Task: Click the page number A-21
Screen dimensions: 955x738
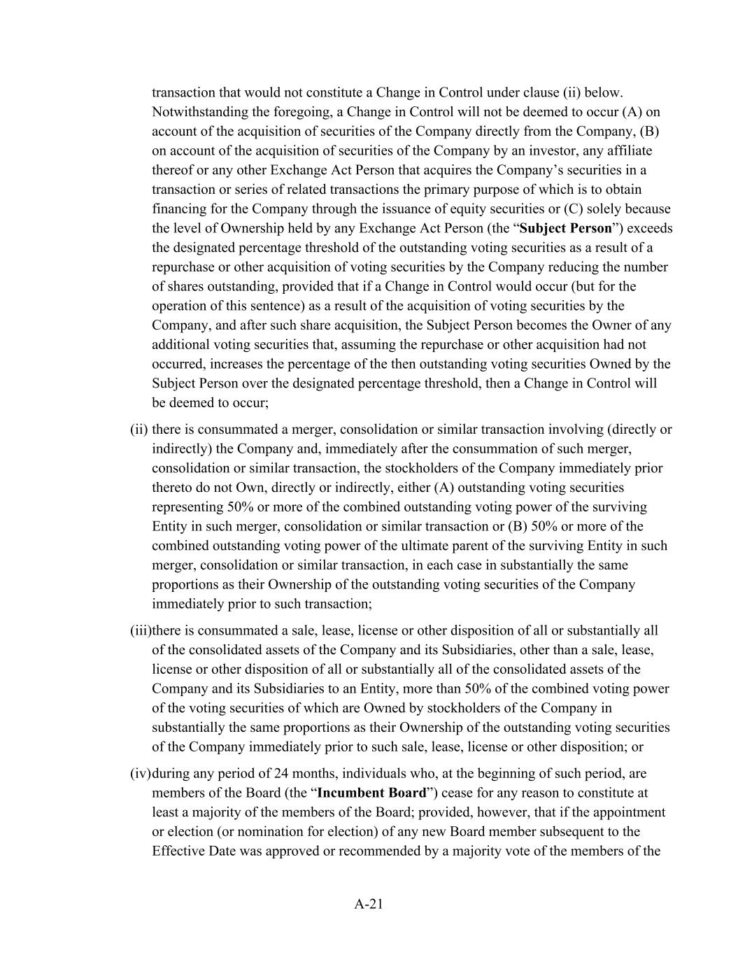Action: point(369,904)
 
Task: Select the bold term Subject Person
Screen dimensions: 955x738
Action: point(566,228)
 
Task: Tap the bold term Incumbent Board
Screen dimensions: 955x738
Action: point(371,793)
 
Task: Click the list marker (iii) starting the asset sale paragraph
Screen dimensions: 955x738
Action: point(141,630)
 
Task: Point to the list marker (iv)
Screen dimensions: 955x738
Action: point(141,773)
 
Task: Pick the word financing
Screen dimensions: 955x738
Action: point(176,209)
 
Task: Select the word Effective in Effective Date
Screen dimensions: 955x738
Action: point(176,851)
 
